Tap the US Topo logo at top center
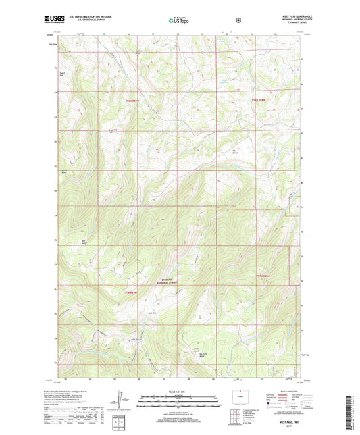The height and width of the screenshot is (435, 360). pos(180,22)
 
